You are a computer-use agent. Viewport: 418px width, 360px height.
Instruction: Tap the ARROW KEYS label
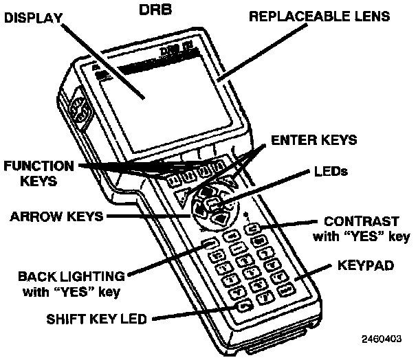(56, 216)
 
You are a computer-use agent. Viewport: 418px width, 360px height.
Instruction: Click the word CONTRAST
(361, 223)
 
